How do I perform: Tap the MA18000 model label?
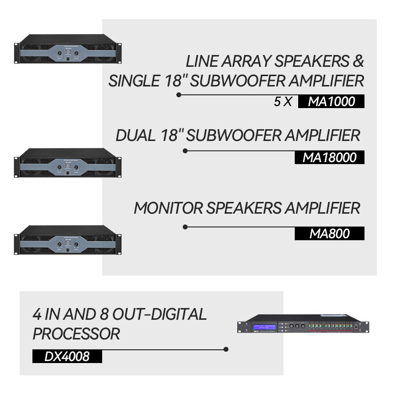tap(330, 157)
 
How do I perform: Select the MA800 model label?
tap(330, 234)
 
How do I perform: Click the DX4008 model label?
tap(67, 356)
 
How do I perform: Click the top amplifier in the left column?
tap(68, 49)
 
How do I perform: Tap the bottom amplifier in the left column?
tap(68, 240)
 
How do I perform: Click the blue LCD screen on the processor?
tap(264, 326)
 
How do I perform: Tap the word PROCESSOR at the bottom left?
tap(76, 334)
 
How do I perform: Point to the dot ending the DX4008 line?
tap(226, 350)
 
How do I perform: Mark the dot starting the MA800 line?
tap(185, 227)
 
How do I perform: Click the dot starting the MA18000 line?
tap(185, 151)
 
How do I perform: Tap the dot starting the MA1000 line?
tap(179, 94)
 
